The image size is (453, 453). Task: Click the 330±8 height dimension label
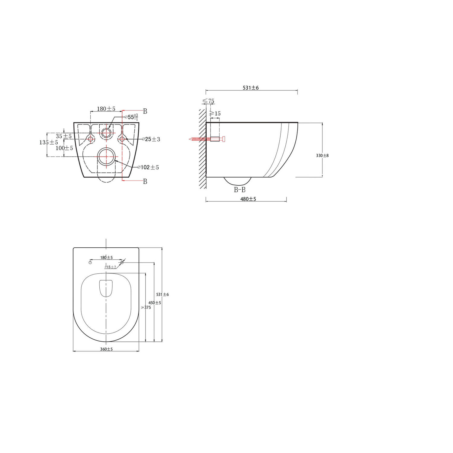[322, 156]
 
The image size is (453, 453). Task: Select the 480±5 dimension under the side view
[248, 199]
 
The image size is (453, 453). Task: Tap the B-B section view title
[240, 190]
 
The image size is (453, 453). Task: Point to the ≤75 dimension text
[208, 101]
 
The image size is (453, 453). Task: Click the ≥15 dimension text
[215, 114]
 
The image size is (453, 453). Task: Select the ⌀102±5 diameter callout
[148, 167]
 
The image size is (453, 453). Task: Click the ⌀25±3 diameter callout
[151, 139]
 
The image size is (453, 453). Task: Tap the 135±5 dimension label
[49, 142]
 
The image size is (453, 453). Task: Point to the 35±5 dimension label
[64, 136]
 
